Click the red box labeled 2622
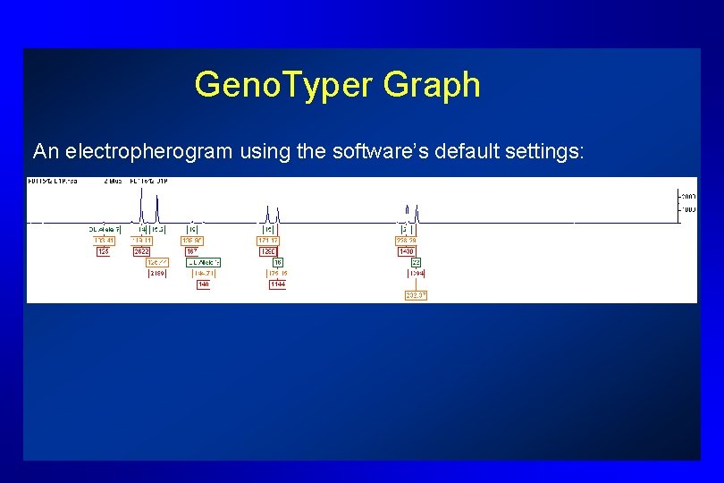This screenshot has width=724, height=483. pyautogui.click(x=141, y=251)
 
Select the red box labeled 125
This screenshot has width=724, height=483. pyautogui.click(x=104, y=251)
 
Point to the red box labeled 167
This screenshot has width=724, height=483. pyautogui.click(x=191, y=251)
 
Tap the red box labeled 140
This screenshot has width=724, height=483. pyautogui.click(x=204, y=284)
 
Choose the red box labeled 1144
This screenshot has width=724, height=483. pyautogui.click(x=277, y=284)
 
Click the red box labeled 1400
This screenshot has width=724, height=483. pyautogui.click(x=407, y=251)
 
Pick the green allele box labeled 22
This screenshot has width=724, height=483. pyautogui.click(x=417, y=262)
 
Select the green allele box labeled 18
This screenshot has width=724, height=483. pyautogui.click(x=278, y=262)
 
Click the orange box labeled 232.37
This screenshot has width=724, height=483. pyautogui.click(x=416, y=295)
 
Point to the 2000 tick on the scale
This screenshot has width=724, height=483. pyautogui.click(x=688, y=196)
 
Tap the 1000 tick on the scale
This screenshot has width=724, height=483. pyautogui.click(x=688, y=209)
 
